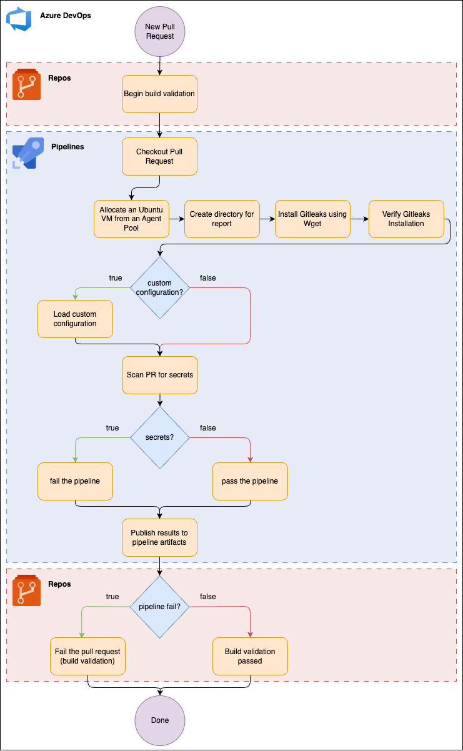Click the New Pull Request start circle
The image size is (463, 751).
[160, 31]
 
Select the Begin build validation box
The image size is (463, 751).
[159, 94]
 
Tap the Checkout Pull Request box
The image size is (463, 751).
[159, 157]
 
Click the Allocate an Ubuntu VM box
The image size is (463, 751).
[131, 219]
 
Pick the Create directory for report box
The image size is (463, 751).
[222, 219]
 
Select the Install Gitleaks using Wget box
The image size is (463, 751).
[312, 219]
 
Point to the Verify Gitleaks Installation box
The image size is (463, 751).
[406, 219]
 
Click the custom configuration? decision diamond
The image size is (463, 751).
[160, 287]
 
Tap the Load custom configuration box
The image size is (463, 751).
[75, 319]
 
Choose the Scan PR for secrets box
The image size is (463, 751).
[160, 375]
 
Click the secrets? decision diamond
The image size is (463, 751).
[160, 437]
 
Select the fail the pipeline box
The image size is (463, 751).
[75, 482]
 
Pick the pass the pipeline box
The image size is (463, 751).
[250, 482]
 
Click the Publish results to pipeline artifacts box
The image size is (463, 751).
[159, 538]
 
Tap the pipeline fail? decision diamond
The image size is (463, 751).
[160, 607]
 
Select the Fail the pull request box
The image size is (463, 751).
[88, 657]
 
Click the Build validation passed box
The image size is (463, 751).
[250, 657]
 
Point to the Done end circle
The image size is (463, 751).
[160, 720]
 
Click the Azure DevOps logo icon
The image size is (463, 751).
[19, 19]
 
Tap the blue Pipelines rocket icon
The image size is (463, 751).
[28, 153]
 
